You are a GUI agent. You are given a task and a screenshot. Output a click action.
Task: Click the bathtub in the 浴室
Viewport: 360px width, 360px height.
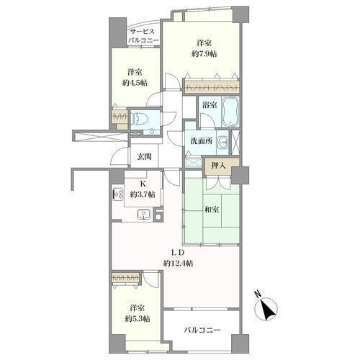tap(230, 112)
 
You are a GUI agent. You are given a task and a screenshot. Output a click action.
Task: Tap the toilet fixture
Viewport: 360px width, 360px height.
tap(138, 120)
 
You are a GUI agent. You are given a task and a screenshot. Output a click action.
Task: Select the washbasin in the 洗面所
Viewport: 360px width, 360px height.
tap(222, 143)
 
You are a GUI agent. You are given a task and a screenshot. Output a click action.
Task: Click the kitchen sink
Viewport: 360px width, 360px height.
tap(143, 215)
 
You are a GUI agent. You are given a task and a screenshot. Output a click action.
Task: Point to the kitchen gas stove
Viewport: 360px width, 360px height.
tap(118, 194)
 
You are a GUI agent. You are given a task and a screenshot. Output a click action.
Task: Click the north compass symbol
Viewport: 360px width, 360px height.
tap(266, 308)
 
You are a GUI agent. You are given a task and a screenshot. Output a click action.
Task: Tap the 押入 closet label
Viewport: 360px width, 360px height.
tap(219, 166)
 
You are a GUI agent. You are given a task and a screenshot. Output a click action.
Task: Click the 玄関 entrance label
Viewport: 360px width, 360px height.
tap(144, 157)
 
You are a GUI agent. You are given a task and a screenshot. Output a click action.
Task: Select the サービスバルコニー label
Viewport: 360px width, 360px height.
tap(143, 36)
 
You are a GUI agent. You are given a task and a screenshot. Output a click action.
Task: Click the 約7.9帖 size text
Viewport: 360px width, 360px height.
tap(204, 54)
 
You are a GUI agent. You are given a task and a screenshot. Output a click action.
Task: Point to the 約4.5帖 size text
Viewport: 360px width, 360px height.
tap(135, 83)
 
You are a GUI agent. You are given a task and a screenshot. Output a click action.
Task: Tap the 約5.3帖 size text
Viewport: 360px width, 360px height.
tap(138, 319)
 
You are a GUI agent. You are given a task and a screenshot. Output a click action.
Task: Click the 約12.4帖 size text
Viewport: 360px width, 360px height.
tap(179, 264)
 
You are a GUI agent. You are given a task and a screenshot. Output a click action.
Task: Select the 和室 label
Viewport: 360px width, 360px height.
tap(212, 210)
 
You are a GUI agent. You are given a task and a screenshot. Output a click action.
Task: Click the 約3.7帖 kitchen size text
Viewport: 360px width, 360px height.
tap(143, 194)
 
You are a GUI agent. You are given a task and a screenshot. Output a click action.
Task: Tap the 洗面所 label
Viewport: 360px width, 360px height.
tap(202, 141)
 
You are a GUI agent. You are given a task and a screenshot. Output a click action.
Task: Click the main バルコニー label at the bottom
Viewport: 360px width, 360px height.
tap(202, 330)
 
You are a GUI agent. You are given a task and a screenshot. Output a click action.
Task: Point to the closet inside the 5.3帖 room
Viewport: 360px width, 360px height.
tap(125, 278)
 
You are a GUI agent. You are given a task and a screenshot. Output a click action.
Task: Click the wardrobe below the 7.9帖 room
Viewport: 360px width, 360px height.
tap(212, 87)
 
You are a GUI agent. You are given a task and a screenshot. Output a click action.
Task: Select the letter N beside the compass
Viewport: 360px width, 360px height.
tap(258, 294)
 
